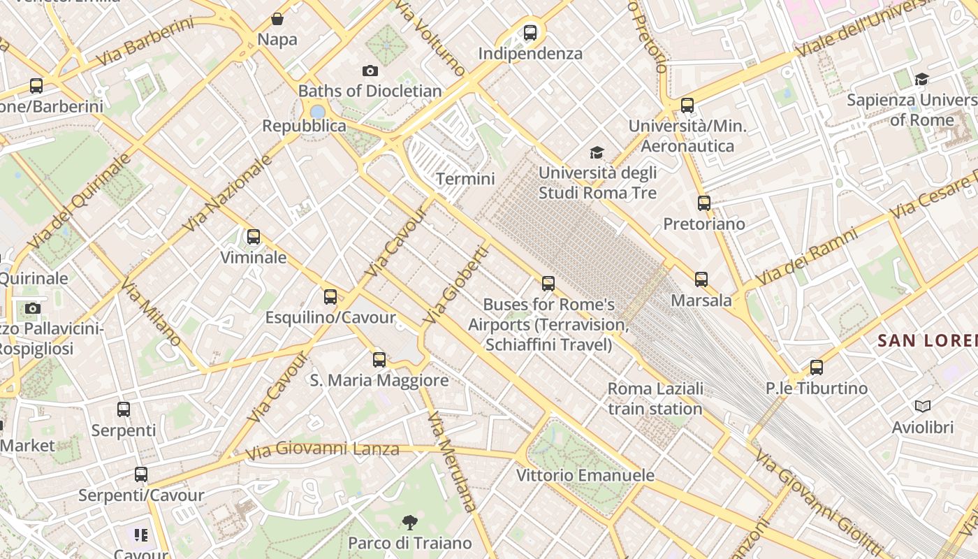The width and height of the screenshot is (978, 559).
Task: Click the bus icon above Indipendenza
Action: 530,32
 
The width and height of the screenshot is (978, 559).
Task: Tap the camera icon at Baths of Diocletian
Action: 370,71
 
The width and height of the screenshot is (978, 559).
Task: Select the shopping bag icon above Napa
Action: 277,19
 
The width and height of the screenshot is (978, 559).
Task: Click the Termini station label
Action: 465,179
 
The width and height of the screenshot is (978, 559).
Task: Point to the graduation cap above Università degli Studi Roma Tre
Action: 597,152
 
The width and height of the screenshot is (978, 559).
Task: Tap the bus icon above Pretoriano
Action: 704,203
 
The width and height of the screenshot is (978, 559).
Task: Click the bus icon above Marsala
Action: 701,279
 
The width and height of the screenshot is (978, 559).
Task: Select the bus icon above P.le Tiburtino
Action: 817,367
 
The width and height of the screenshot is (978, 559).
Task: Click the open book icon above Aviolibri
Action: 922,406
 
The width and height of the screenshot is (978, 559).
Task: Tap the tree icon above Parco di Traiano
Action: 410,522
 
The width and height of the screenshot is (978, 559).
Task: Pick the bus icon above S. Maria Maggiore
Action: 379,360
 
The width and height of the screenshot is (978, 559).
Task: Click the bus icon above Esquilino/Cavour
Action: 330,297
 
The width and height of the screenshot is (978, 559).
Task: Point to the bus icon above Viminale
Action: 254,237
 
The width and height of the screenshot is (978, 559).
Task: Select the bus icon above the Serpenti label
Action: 124,409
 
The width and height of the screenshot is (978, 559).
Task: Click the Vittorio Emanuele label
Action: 585,475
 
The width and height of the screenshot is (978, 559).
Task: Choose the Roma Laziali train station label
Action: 655,398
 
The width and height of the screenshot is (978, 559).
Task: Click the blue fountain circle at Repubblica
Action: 318,112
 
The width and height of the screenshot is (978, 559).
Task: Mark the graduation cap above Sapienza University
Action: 921,79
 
